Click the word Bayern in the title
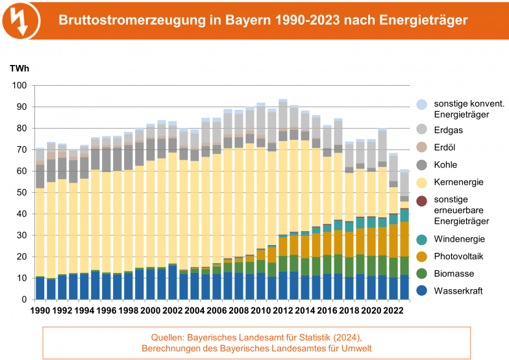[249, 21]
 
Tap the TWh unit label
[18, 68]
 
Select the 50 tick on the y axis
[21, 192]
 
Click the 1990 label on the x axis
[40, 311]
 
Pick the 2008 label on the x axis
[240, 311]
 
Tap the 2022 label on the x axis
[393, 311]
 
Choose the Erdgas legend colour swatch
[422, 129]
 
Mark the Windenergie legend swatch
[422, 239]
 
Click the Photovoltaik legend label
[458, 257]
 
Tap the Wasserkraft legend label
[458, 291]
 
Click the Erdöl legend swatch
[422, 146]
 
